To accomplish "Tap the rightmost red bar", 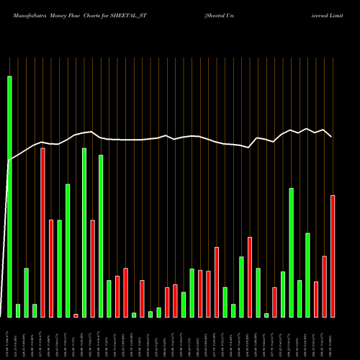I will pyautogui.click(x=333, y=256).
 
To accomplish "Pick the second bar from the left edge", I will pyautogui.click(x=18, y=310).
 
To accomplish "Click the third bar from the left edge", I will pyautogui.click(x=26, y=292).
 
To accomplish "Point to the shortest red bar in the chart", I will pyautogui.click(x=76, y=315).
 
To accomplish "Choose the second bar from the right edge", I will pyautogui.click(x=325, y=287).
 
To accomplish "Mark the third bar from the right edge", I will pyautogui.click(x=316, y=299).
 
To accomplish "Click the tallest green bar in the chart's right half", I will pyautogui.click(x=292, y=252).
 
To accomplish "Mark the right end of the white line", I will pyautogui.click(x=332, y=136).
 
